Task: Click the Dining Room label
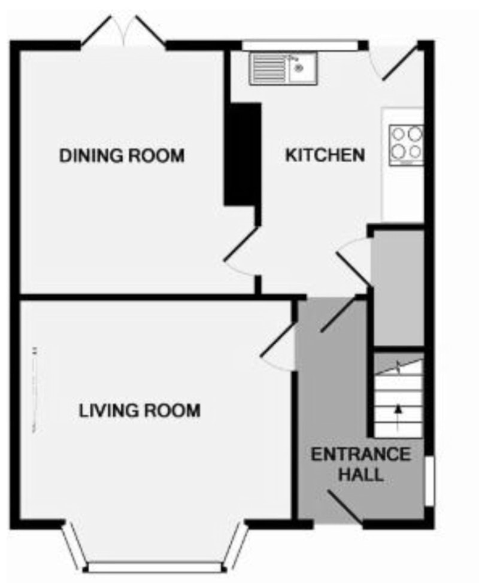click(x=122, y=156)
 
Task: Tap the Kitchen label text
click(x=325, y=154)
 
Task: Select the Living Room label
click(x=140, y=411)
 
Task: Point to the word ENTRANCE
click(x=360, y=454)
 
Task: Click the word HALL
click(x=361, y=475)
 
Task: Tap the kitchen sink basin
click(x=302, y=68)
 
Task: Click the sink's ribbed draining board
click(x=268, y=68)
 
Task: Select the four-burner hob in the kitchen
click(x=406, y=145)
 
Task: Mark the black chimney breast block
click(x=242, y=154)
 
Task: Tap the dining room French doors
click(x=123, y=31)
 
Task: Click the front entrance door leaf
click(x=344, y=506)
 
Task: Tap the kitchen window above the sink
click(x=300, y=45)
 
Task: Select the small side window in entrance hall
click(x=429, y=481)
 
